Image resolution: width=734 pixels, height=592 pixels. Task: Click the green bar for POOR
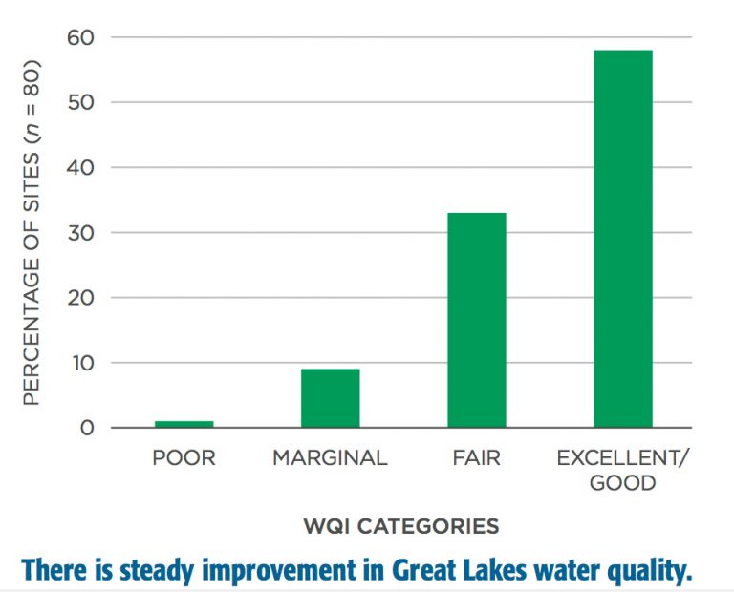click(183, 424)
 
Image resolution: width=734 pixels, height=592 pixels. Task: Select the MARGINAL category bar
click(331, 398)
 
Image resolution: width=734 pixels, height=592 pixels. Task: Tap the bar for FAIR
click(477, 320)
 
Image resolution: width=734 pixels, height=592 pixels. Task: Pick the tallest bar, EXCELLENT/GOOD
click(623, 239)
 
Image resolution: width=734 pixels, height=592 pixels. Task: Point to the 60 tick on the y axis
click(80, 37)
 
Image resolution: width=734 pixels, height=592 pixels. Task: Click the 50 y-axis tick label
click(80, 102)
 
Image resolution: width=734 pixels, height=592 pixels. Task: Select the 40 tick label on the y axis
click(80, 167)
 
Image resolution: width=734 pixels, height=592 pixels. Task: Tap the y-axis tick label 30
click(80, 232)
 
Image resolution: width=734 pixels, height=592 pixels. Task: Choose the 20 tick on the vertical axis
click(80, 297)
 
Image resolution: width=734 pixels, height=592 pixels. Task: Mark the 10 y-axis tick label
click(82, 363)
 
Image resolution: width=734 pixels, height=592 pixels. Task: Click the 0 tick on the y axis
click(87, 428)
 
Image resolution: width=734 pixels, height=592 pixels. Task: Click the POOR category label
click(183, 457)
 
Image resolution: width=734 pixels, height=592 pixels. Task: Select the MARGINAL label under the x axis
click(330, 457)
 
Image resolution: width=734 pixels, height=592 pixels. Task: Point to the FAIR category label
click(477, 457)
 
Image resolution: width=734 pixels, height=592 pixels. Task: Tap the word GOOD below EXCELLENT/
click(622, 482)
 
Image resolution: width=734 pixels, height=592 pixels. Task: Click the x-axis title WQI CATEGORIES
click(401, 526)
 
